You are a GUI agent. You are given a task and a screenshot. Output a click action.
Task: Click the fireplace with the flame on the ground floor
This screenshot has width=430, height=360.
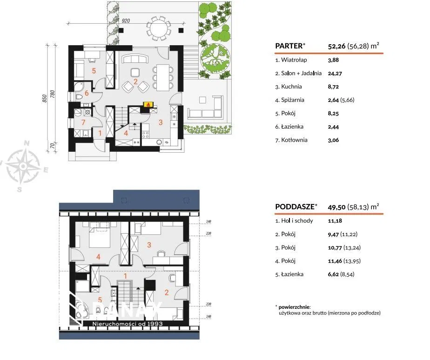point(148,105)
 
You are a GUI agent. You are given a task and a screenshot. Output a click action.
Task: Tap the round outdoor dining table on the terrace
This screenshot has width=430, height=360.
point(159,28)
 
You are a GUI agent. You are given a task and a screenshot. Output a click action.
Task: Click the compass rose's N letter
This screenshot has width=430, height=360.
point(27,143)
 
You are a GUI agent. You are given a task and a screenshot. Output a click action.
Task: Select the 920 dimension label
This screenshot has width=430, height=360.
point(126,21)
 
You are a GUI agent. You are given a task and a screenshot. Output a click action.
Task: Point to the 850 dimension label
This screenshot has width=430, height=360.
point(45,99)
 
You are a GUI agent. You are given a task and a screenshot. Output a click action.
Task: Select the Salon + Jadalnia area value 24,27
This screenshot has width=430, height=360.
point(335,74)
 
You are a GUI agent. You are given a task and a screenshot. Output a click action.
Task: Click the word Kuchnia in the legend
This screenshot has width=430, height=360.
point(291,87)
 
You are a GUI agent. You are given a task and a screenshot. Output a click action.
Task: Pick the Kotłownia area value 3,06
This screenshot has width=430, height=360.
point(333,140)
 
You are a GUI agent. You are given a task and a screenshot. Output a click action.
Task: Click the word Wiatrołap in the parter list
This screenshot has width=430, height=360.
point(294,60)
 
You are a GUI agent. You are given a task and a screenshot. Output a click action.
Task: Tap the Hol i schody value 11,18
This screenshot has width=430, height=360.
point(335,221)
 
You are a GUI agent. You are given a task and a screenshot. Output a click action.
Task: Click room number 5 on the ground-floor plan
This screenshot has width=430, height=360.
point(94,71)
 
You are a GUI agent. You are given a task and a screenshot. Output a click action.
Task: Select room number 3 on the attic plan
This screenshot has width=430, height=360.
point(149,245)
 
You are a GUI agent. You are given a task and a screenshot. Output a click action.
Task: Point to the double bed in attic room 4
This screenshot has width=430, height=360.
point(100,234)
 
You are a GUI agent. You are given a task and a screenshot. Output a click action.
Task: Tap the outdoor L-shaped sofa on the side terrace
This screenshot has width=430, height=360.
point(205,109)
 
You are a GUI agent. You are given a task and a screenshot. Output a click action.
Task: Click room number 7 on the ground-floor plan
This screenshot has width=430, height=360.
point(83,122)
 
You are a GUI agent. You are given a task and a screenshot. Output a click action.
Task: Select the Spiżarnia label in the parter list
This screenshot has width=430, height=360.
point(293,100)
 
